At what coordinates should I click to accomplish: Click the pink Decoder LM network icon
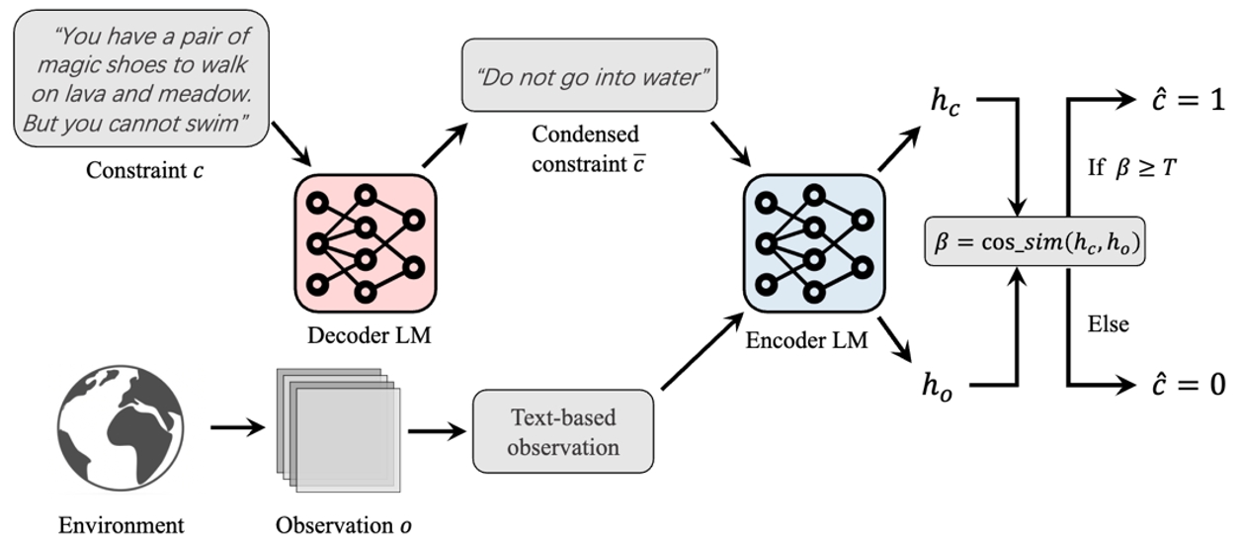(365, 242)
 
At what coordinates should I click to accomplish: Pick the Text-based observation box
(563, 432)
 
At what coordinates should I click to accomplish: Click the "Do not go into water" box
(589, 75)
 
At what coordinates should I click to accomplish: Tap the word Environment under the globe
(122, 523)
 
